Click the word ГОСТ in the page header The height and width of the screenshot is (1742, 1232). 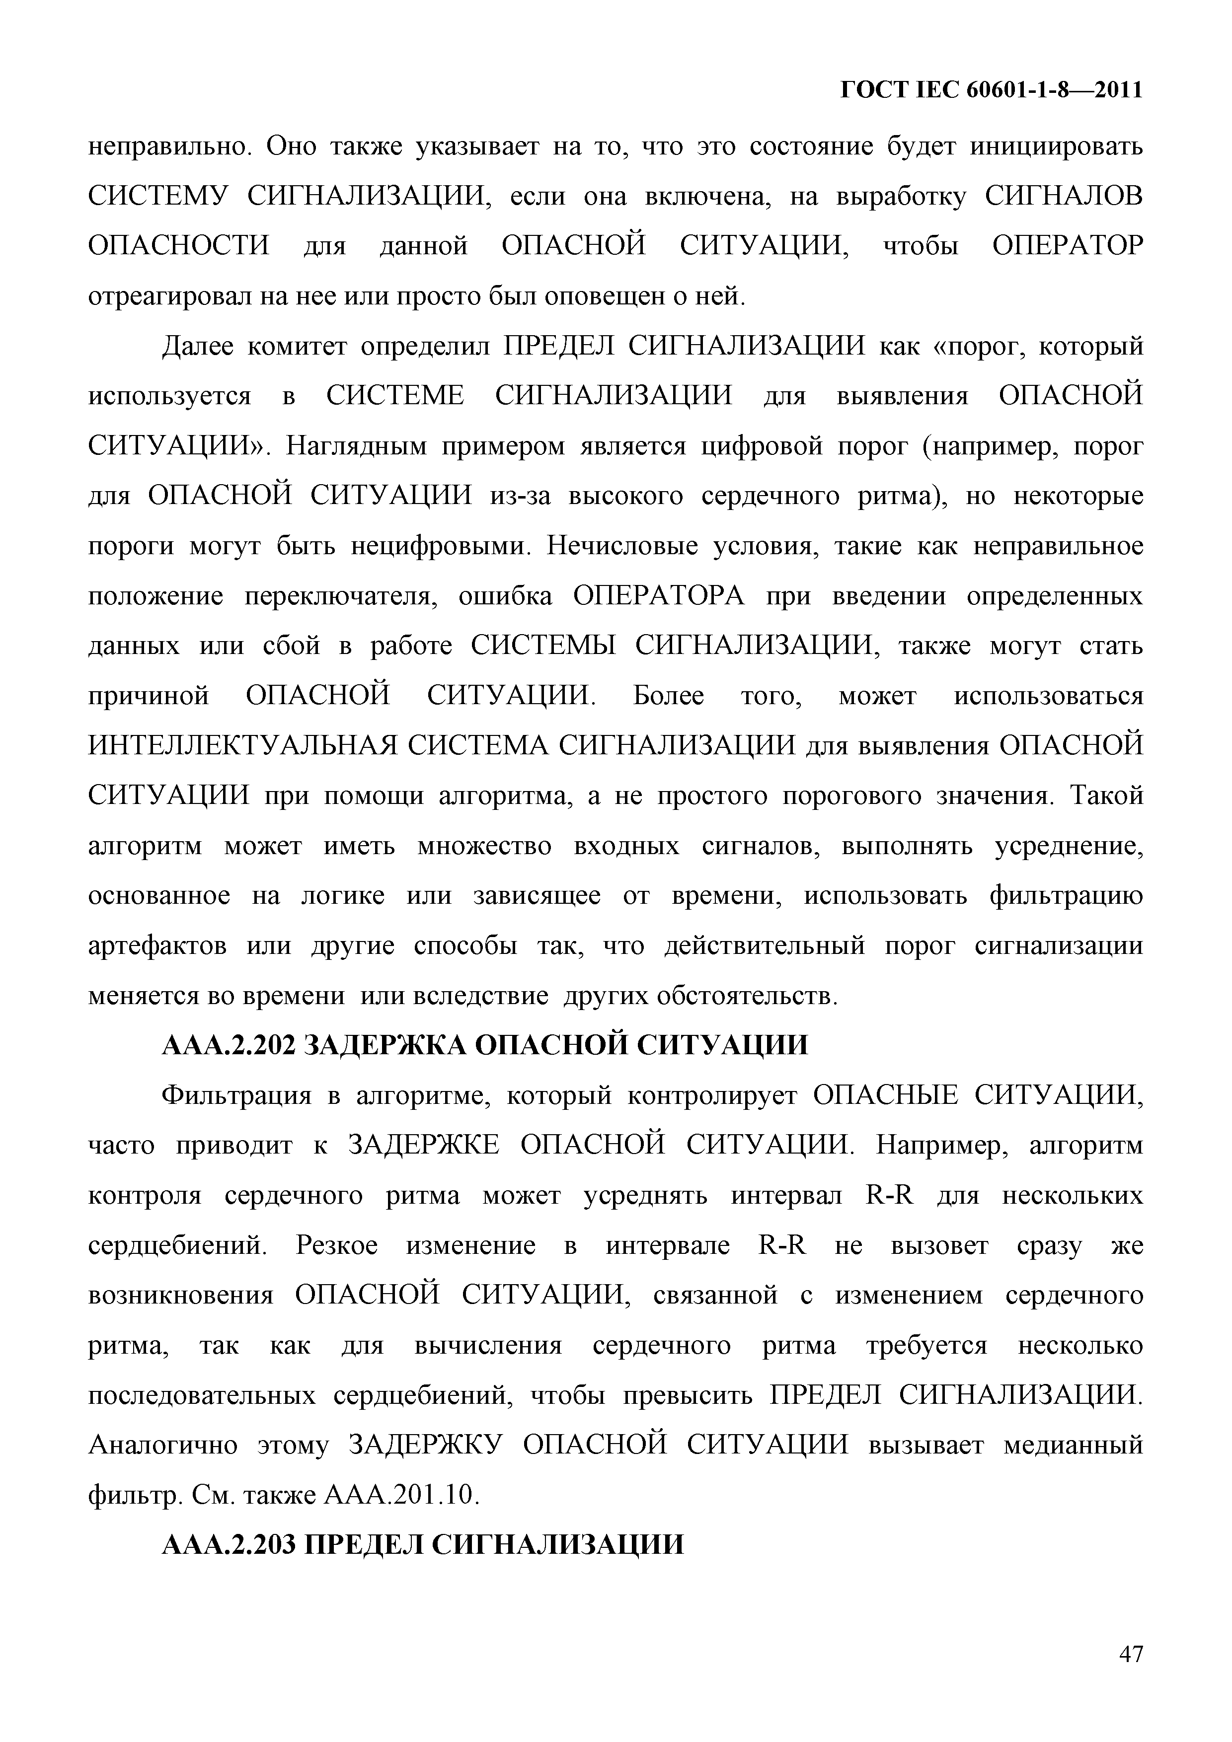[874, 90]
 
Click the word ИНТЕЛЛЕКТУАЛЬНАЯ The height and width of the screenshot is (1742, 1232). [243, 746]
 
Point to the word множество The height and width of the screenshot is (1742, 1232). [484, 846]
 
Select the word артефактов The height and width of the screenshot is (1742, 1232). [157, 946]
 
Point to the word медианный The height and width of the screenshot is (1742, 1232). [1073, 1445]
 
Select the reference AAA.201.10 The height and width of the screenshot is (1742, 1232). [401, 1495]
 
